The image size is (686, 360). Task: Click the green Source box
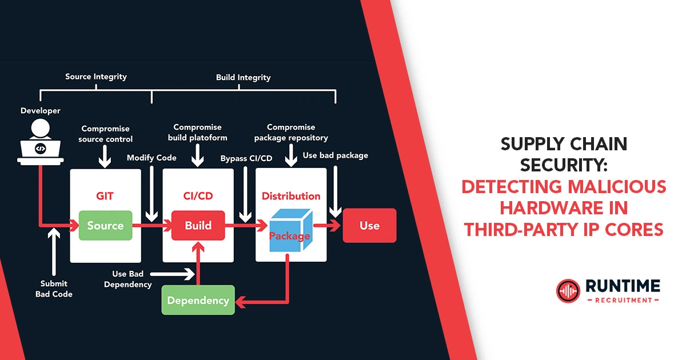click(105, 226)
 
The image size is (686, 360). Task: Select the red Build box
click(198, 226)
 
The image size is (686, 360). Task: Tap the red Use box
click(369, 226)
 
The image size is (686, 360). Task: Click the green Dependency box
click(198, 300)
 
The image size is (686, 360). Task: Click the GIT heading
click(105, 196)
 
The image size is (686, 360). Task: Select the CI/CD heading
click(198, 196)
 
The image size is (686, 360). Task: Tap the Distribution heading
click(291, 196)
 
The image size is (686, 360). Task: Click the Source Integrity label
click(96, 77)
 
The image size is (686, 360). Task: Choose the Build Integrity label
click(243, 77)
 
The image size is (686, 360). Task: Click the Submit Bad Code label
click(54, 289)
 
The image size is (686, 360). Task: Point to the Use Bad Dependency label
click(128, 279)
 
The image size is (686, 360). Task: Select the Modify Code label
click(151, 158)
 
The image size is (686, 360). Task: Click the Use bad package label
click(335, 155)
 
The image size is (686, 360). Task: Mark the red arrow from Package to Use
click(327, 226)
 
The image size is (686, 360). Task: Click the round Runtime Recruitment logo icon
click(568, 290)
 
